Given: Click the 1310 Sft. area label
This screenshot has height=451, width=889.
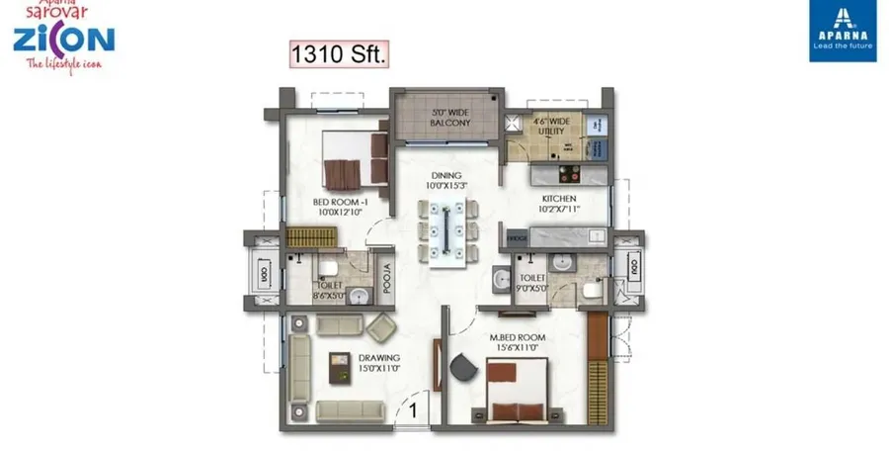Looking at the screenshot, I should [x=338, y=53].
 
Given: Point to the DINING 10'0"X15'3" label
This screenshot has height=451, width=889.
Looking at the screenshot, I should [x=446, y=179].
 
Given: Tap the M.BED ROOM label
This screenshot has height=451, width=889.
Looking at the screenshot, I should [x=519, y=343].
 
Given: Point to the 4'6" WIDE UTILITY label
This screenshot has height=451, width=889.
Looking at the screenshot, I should [x=553, y=128].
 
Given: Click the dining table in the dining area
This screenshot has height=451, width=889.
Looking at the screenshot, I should [x=447, y=232].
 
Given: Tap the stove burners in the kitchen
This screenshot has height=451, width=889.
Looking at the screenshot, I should [x=570, y=175].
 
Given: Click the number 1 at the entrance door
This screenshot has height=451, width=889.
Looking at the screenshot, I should [x=414, y=406].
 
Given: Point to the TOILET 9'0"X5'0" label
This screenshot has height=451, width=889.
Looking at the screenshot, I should [x=532, y=285].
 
